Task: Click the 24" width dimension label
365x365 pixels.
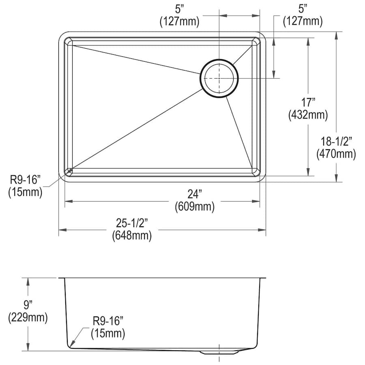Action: (195, 194)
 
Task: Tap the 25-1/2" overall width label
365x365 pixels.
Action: (132, 223)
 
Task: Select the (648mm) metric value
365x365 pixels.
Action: (132, 236)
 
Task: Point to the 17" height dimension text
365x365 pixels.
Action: (308, 103)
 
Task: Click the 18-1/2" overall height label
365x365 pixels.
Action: (336, 142)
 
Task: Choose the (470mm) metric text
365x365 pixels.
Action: (336, 154)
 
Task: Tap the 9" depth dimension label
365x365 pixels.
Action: (28, 305)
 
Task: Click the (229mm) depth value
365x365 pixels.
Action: (28, 318)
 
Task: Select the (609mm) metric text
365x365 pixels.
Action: (195, 206)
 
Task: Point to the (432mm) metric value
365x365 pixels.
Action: (308, 115)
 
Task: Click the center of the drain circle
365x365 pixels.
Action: (219, 78)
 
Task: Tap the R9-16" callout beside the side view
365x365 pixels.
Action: (108, 322)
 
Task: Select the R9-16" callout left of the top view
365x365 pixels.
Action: (25, 180)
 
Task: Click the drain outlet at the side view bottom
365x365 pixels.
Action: (219, 352)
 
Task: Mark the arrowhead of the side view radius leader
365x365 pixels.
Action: (72, 344)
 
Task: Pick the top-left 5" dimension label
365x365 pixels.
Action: (180, 10)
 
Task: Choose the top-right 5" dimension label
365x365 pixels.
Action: (303, 10)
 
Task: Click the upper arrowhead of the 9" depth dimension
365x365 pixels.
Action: (28, 282)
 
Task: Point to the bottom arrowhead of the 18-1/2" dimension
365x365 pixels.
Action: (336, 178)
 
